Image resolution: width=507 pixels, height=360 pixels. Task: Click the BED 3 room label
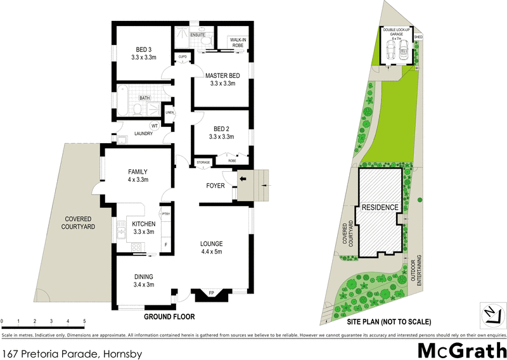(x=144, y=49)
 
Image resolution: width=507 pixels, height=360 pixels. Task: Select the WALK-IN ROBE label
(x=238, y=42)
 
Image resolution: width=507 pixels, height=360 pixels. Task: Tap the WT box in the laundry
(x=154, y=126)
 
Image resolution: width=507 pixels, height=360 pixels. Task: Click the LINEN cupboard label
(x=169, y=113)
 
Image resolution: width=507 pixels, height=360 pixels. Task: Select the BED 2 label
(x=221, y=129)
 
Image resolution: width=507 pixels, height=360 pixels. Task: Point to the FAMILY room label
(x=138, y=172)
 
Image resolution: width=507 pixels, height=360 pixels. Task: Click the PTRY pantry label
(x=166, y=214)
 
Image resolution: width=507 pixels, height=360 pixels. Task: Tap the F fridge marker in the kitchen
(x=166, y=243)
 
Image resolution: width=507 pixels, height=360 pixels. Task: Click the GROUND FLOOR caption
(x=169, y=316)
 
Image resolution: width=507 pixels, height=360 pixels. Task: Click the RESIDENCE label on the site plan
(x=380, y=207)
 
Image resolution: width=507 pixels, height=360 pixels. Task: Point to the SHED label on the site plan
(x=418, y=37)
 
